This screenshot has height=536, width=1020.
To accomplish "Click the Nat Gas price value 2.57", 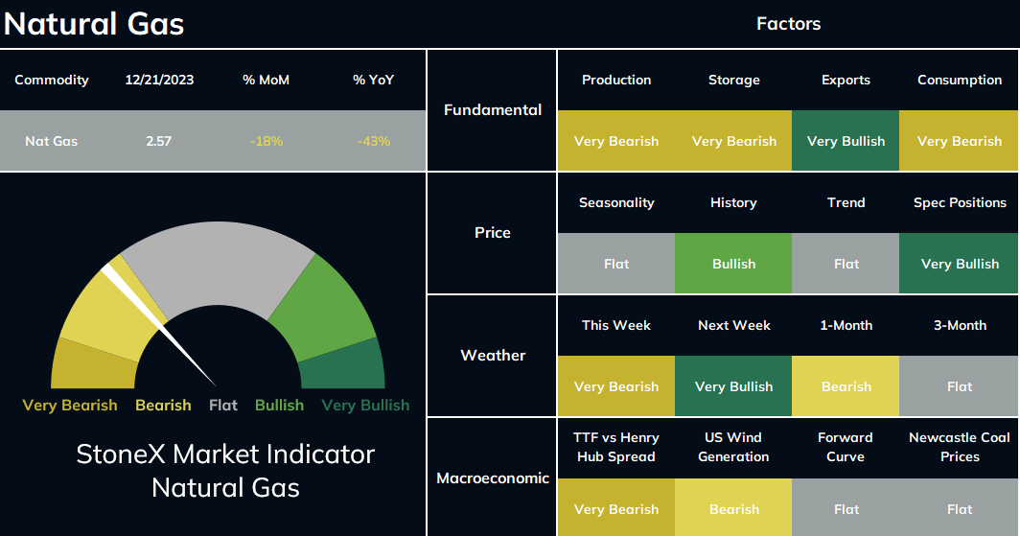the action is coord(159,141).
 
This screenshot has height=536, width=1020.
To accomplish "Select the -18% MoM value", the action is coord(267,141).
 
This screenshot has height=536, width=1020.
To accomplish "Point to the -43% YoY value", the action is coord(374,141).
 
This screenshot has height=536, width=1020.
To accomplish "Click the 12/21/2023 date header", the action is coord(159,80).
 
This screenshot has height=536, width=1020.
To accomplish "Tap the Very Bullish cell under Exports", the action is coord(846,141).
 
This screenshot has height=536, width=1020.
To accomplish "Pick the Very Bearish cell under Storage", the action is coord(733,141).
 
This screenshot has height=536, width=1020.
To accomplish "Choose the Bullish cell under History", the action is coord(733,264).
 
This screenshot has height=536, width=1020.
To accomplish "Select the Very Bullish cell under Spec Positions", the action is coord(960,264).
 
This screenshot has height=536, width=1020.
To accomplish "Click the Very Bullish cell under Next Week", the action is coord(733,386).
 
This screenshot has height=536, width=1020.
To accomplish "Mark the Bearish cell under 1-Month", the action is coord(846,386).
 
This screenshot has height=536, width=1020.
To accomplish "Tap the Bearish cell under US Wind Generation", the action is coord(733,509).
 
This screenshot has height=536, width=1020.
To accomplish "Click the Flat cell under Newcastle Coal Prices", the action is coord(960,509).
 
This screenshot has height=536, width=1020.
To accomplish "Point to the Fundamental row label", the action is coord(493,110).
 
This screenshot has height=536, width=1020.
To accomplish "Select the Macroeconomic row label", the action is coord(493,478).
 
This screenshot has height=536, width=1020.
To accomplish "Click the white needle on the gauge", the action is coord(158,325).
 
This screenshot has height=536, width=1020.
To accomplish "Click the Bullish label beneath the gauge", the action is coord(279,406).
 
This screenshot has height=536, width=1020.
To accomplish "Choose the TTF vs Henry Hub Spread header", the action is coord(616,447).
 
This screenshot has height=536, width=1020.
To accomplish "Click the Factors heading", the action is coord(788,24).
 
